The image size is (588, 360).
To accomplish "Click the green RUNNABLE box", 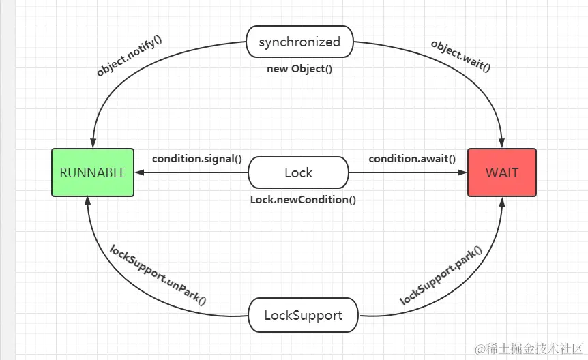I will tap(93, 172).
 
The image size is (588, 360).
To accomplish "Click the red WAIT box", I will tap(502, 172).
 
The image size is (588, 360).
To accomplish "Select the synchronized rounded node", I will tap(299, 42).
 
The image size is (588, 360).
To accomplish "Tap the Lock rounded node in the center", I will tap(298, 172).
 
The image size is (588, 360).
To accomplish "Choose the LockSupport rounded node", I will tap(302, 316).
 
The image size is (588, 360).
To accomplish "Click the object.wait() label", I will tap(461, 56).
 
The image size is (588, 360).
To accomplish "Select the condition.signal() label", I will tap(196, 159).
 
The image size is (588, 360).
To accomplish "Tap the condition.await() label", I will tap(412, 159).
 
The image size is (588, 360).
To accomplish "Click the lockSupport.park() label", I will tap(441, 275).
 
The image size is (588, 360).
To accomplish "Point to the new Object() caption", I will tap(299, 70).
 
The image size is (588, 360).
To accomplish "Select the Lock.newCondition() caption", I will tap(303, 200).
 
